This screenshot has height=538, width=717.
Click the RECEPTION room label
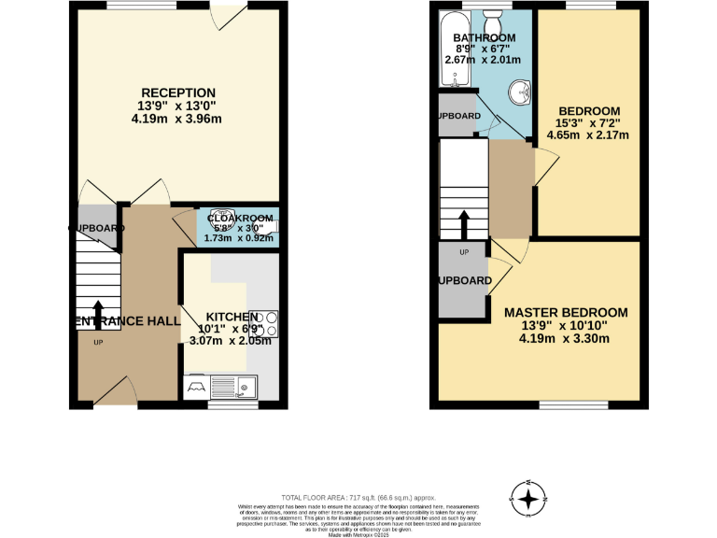(x=176, y=92)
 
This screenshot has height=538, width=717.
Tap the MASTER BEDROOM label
(x=566, y=312)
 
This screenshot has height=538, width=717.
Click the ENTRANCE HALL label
(x=126, y=320)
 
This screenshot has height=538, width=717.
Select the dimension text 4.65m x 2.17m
(x=587, y=134)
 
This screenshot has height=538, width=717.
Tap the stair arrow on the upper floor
(x=463, y=225)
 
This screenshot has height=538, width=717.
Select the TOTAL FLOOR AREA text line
(x=358, y=498)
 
